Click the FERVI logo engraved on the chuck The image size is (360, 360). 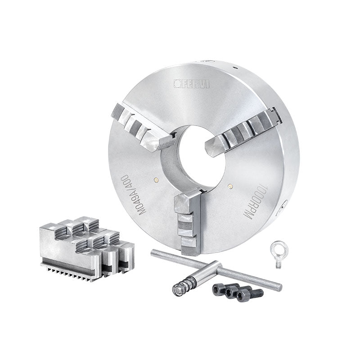click(x=192, y=84)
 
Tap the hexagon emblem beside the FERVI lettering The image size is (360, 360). click(x=177, y=83)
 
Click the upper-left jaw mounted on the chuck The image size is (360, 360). click(x=142, y=129)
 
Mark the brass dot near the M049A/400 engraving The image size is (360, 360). click(x=156, y=180)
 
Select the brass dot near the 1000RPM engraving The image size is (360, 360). click(x=229, y=185)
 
